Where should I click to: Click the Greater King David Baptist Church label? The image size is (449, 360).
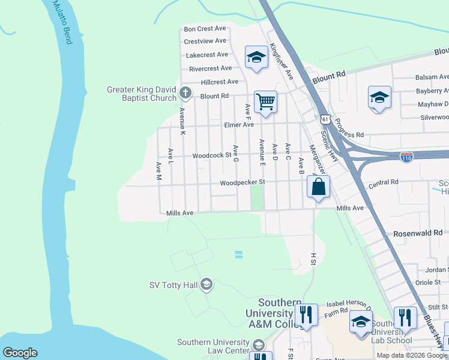pos(141,94)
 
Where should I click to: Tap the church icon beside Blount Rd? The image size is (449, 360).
pos(185,94)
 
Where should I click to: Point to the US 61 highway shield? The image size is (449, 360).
pos(325,119)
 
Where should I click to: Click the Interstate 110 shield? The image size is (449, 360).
pos(407,157)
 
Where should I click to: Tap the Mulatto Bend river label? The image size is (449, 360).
pos(62,22)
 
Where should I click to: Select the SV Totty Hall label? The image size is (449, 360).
pos(173,284)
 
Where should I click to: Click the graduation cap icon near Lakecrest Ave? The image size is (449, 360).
pos(256,58)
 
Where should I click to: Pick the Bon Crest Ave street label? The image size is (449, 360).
pos(205,28)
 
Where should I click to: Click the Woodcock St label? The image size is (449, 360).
pos(212,155)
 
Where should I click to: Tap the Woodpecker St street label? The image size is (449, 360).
pos(242,182)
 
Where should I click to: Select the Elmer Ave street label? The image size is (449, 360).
pos(239,125)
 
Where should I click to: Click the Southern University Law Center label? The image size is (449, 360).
pos(213,346)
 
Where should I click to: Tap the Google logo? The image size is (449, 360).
pos(20,353)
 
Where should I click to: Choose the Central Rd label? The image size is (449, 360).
pos(384,182)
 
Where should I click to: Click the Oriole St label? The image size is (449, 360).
pos(428,282)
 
